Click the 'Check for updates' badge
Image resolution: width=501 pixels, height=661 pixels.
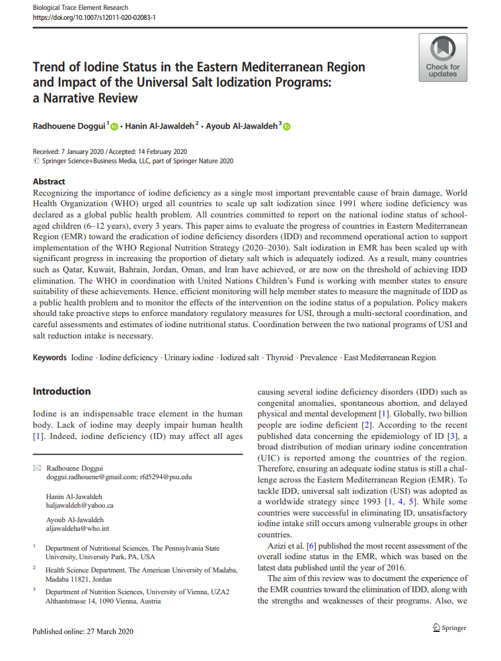coord(442,58)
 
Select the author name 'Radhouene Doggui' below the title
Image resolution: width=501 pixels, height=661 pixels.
coord(69,126)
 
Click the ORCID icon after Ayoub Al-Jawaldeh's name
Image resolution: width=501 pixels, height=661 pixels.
coord(286,126)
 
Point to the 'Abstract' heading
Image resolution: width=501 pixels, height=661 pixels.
coord(49,182)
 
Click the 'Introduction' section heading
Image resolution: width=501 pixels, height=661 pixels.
coord(62,391)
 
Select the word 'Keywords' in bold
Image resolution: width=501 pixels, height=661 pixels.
coord(50,358)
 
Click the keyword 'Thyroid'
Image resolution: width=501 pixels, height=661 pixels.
coord(279,358)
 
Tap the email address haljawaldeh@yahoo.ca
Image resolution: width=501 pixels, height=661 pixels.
coord(80,506)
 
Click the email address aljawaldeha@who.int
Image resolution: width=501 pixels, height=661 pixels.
coord(78,529)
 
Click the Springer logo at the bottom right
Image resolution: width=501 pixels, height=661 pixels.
coord(449,627)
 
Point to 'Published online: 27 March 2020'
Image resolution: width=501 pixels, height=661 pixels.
coord(83,631)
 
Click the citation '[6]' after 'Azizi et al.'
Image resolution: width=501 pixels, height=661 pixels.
coord(303,546)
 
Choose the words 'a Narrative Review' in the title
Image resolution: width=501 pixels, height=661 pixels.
coord(85,98)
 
